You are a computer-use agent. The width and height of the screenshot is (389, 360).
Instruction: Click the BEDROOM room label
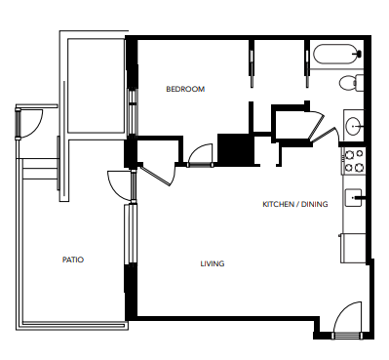click(185, 89)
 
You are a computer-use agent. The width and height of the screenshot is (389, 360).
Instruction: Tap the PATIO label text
click(72, 260)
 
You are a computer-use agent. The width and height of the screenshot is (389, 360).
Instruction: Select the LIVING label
click(213, 263)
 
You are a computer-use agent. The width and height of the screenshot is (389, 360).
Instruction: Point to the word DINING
click(314, 204)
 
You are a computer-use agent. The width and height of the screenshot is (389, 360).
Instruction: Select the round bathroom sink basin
click(353, 125)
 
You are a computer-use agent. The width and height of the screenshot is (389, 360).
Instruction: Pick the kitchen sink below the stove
click(355, 200)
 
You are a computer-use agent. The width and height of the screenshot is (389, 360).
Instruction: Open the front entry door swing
click(347, 321)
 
